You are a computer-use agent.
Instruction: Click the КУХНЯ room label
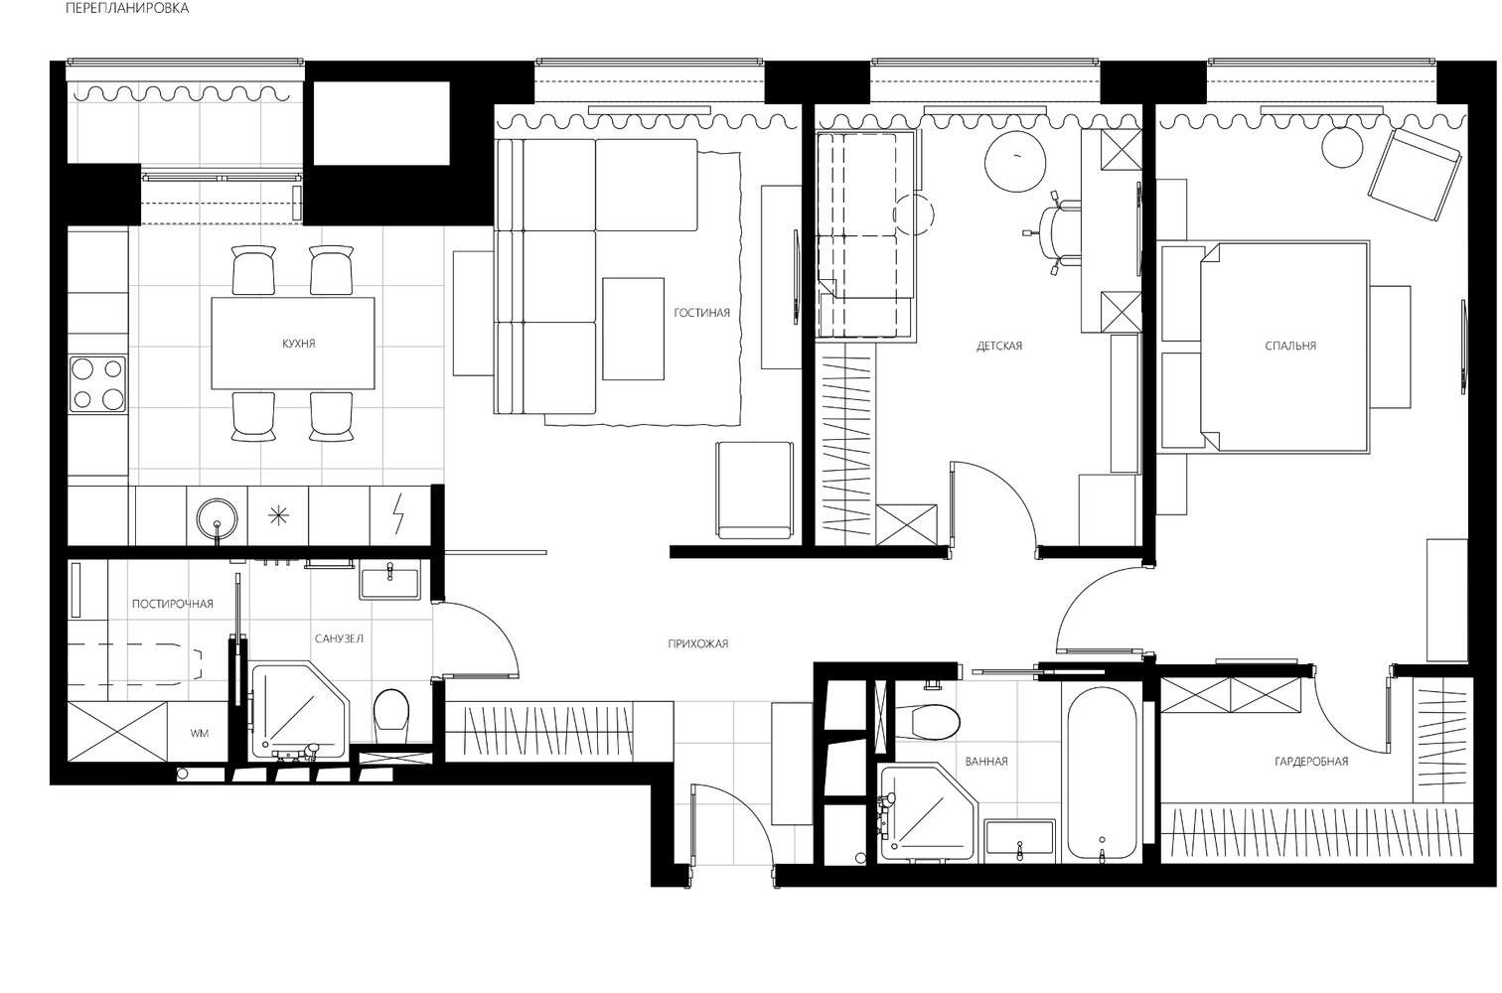point(298,344)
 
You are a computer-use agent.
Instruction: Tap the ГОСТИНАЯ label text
point(701,313)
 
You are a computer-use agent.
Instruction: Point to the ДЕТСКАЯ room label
point(999,346)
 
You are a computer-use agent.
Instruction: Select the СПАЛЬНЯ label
point(1290,346)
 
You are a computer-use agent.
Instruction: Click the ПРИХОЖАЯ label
point(698,643)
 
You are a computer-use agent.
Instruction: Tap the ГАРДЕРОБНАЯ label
point(1311,761)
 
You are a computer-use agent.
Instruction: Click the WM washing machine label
point(199,733)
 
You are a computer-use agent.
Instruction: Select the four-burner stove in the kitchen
point(98,384)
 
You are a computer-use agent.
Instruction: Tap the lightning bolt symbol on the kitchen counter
point(399,514)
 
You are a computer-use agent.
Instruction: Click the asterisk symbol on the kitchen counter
point(277,515)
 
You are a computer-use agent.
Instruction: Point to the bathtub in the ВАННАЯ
point(1102,774)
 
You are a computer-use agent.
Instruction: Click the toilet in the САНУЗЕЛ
point(391,715)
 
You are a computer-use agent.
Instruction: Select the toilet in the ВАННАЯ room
point(935,722)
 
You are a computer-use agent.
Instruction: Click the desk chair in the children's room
point(1056,232)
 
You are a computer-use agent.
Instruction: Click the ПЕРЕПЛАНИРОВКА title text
point(127,9)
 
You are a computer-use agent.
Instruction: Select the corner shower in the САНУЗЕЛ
point(299,713)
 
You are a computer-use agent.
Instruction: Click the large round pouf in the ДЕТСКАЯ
point(1015,162)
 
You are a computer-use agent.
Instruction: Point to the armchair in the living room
point(755,491)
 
